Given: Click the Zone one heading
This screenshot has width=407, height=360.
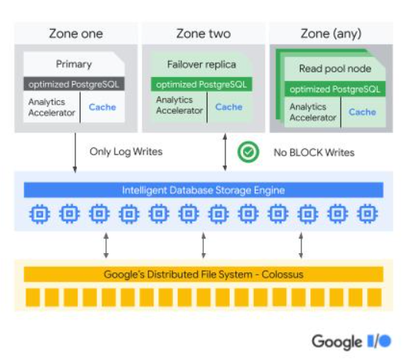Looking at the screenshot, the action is click(x=76, y=34).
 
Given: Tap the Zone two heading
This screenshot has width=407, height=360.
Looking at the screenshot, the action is click(x=203, y=34).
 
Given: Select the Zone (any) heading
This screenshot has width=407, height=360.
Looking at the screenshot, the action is click(x=331, y=34).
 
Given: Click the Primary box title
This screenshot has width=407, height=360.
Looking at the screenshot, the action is click(x=74, y=64).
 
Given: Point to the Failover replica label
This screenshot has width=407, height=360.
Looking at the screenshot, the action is click(x=202, y=65).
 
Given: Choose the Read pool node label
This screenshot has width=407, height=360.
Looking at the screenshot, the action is click(x=335, y=68).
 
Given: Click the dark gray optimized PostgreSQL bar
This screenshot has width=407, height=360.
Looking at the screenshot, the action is click(x=74, y=84).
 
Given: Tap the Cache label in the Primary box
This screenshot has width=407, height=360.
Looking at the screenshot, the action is click(x=102, y=107).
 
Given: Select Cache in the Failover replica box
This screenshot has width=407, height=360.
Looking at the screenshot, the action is click(x=229, y=107).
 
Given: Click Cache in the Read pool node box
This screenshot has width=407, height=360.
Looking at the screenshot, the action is click(x=362, y=112).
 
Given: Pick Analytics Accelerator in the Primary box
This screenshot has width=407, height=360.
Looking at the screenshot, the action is click(x=52, y=107).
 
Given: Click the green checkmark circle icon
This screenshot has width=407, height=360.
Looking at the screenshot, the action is click(x=249, y=152).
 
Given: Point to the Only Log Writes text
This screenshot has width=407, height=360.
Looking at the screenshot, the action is click(x=126, y=152).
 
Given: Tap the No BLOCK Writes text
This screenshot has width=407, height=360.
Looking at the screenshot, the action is click(x=314, y=152).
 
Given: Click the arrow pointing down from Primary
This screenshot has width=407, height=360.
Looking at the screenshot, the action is click(x=75, y=152).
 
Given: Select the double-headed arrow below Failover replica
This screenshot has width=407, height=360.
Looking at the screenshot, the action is click(x=225, y=152).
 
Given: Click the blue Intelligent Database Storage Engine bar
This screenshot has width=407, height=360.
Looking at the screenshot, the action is click(x=203, y=190).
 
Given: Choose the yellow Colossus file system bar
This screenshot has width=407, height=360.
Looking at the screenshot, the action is click(x=203, y=275).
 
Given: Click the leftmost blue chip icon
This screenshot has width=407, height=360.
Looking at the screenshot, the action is click(x=40, y=214).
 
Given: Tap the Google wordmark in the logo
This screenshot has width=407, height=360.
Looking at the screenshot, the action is click(x=337, y=342).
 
